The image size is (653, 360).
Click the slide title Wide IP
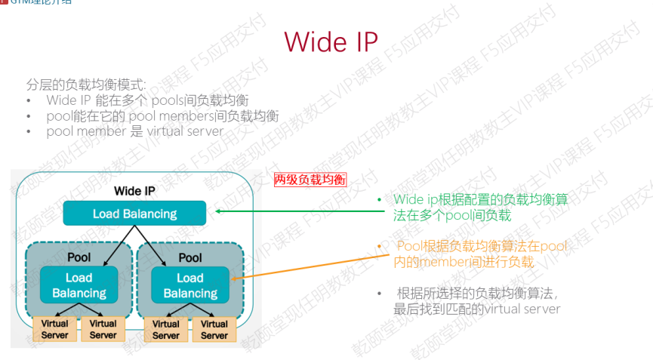(x=331, y=42)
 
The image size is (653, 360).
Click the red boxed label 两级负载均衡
(x=310, y=179)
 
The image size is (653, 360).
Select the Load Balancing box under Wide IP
(x=134, y=214)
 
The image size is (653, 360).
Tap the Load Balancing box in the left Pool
(x=79, y=285)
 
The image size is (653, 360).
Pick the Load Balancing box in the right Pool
(x=190, y=285)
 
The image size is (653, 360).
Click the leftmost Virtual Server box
(x=54, y=329)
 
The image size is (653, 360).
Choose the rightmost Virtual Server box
(x=214, y=329)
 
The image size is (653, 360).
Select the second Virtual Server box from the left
(x=103, y=329)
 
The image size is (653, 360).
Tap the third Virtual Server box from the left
(x=166, y=329)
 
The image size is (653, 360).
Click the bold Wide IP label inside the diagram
(x=134, y=191)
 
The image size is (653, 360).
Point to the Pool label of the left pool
(x=79, y=257)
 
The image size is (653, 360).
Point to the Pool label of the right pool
(x=190, y=257)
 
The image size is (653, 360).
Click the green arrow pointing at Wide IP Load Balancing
(x=294, y=212)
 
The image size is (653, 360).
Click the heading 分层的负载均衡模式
(x=86, y=85)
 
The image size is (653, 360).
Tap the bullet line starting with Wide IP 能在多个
(x=147, y=100)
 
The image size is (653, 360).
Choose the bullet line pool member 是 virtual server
(x=134, y=131)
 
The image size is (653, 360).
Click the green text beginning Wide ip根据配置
(x=479, y=208)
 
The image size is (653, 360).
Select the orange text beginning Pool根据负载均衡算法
(x=479, y=254)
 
